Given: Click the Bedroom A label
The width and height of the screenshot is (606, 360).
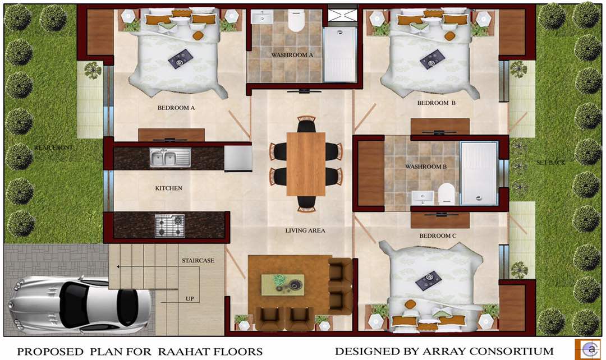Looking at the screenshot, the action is coord(176,108).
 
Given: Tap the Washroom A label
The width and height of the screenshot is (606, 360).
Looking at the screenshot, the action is coord(292,55).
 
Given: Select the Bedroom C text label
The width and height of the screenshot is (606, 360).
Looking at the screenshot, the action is coord(438,236).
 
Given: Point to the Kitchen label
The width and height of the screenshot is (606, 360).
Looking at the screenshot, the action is coord(168,188).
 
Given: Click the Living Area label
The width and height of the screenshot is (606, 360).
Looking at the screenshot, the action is coord(305,230).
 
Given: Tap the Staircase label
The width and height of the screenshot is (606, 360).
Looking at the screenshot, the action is coord(198,260).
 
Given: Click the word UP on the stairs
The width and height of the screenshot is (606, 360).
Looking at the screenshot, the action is coord(190,298).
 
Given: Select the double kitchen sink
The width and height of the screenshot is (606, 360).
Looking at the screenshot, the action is coord(170,158).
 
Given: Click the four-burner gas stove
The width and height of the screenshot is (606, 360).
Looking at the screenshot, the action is coord(169,226).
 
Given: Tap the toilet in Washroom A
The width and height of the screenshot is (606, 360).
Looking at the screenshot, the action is coord(296,20).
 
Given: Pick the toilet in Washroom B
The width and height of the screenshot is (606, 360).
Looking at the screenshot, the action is coord(447,194).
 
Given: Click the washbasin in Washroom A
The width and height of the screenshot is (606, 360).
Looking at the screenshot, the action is coord(262,17).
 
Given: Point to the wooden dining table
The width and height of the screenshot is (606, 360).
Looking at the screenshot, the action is coord(306,164).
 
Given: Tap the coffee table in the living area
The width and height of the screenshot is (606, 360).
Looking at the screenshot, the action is coord(282,285).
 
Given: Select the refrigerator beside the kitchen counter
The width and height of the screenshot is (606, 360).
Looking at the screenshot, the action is coord(238,158).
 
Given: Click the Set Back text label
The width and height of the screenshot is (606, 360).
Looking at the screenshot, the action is coord(550,163).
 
